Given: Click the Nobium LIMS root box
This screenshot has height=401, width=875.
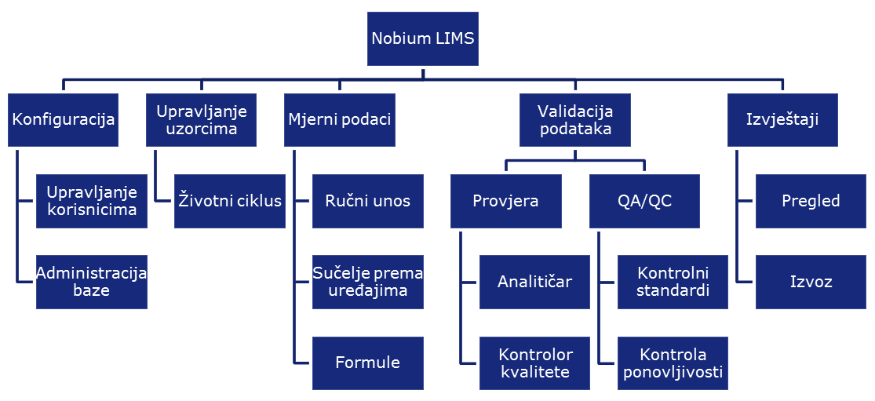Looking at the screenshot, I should click(422, 38).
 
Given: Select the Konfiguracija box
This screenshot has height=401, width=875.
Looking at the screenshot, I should click(64, 120).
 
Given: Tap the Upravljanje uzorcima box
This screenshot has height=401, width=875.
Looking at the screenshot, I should click(202, 120).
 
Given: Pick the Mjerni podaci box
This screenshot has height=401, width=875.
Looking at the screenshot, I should click(340, 120).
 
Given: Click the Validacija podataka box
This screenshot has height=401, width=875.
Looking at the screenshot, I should click(575, 120).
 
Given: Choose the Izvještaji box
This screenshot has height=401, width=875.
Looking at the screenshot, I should click(782, 120).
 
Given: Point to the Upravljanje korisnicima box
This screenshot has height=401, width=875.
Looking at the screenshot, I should click(92, 201).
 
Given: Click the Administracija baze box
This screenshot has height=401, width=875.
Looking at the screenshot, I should click(92, 282).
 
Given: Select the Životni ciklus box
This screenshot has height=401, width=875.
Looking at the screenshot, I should click(230, 201).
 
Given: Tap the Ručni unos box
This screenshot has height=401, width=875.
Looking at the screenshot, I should click(368, 201).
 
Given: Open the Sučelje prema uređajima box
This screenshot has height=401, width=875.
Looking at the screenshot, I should click(368, 282).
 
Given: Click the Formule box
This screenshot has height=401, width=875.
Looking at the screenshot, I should click(368, 363).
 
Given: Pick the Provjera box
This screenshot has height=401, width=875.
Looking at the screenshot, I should click(506, 201).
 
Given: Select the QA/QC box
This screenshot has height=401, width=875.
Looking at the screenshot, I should click(644, 201).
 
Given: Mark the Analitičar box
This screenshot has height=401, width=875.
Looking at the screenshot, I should click(534, 282).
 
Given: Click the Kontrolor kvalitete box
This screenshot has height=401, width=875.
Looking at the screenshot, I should click(534, 363).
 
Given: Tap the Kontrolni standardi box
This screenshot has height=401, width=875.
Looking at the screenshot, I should click(673, 282).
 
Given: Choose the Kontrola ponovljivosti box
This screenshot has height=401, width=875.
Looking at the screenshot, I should click(673, 363).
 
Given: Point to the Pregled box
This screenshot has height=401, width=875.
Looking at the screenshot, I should click(811, 201).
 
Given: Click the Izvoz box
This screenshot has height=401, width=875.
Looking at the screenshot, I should click(811, 282).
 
